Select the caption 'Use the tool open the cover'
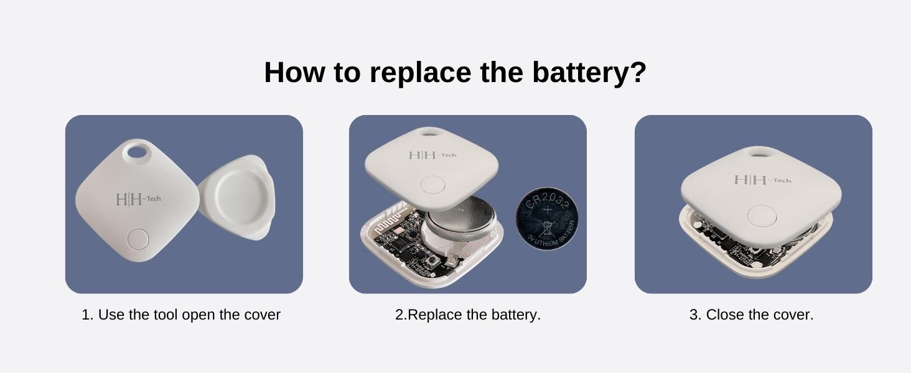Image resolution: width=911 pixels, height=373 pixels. [181, 315]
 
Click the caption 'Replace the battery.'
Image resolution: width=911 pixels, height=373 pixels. [468, 315]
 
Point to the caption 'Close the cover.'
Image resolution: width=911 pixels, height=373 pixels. [751, 315]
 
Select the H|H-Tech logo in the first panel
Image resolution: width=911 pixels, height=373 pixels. [138, 200]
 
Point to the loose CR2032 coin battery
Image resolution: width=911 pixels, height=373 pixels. [546, 219]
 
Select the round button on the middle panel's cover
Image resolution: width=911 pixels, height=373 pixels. [432, 184]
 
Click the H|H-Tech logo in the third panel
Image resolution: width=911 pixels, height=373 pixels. [762, 180]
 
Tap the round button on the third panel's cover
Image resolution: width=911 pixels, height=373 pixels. [761, 215]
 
